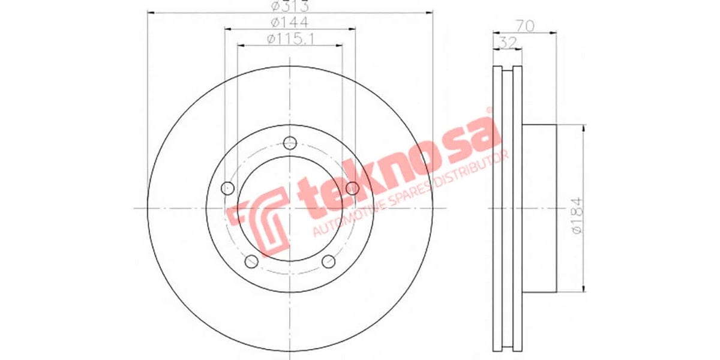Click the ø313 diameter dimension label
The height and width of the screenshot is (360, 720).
pos(290,7)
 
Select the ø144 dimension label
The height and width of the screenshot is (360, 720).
pos(290,22)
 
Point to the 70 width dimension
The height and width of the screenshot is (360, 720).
pos(524,26)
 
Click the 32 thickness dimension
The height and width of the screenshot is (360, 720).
pos(506,42)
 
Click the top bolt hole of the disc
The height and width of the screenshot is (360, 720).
pos(290,143)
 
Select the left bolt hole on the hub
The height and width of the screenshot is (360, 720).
pos(227,188)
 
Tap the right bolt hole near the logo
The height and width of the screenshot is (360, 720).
pos(353,188)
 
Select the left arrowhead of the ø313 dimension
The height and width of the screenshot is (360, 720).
pos(150,12)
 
